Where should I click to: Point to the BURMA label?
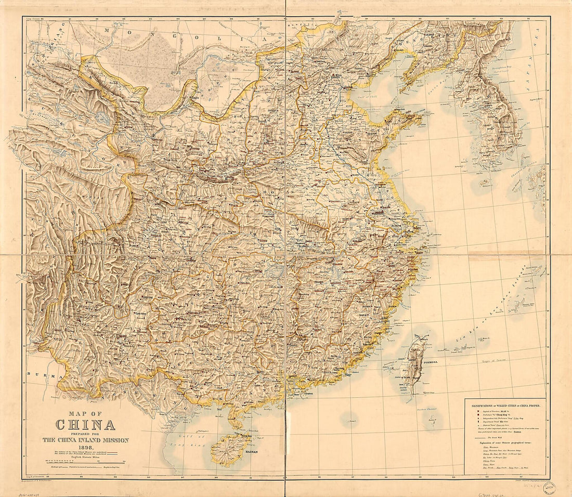tap(38, 373)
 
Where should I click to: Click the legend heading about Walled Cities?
tap(505, 404)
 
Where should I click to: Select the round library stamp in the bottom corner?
tap(549, 487)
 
